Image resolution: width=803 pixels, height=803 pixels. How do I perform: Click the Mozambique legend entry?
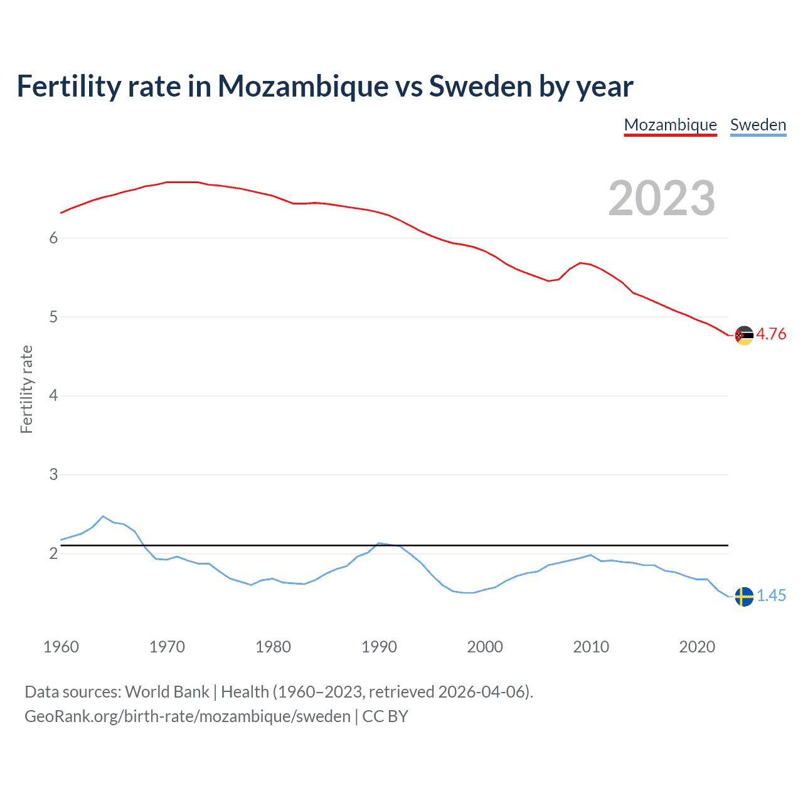point(670,125)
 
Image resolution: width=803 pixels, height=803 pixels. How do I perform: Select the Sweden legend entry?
point(758,125)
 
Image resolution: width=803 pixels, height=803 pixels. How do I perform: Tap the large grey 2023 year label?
point(661,198)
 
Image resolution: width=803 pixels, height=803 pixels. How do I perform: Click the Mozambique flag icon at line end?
point(744,335)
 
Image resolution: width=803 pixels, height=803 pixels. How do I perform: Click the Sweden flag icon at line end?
point(744,597)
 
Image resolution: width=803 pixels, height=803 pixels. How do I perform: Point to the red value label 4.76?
point(771,334)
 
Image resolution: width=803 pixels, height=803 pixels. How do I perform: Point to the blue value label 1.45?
point(771,595)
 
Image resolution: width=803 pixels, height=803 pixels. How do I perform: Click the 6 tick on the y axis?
point(53,238)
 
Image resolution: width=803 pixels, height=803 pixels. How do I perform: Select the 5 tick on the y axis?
point(53,317)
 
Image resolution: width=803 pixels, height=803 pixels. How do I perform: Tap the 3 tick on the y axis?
point(53,474)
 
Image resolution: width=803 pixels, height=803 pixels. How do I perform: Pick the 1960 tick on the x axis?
point(61,647)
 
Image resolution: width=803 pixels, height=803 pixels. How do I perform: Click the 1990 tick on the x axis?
point(379,647)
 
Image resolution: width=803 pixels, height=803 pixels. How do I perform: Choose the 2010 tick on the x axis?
point(591,647)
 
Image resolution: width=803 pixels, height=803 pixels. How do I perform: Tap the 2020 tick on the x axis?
point(697,647)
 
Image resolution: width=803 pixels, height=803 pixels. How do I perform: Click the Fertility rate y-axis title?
point(26,389)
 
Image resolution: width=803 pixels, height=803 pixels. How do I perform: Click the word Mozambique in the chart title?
point(303,86)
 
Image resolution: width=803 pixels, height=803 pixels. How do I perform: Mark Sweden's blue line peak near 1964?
point(104,516)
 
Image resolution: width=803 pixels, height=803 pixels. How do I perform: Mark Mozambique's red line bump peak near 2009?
point(580,263)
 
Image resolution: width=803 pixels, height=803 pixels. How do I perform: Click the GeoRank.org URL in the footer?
point(188,716)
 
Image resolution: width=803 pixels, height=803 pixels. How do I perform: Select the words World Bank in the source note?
point(167,691)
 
